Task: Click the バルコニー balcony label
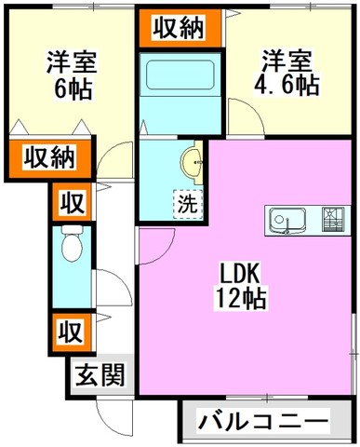[263, 422]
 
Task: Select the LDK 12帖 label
[240, 287]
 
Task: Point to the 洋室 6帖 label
[72, 74]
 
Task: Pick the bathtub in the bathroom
[180, 74]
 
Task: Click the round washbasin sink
[192, 162]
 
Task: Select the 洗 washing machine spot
[188, 204]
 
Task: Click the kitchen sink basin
[287, 221]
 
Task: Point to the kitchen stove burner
[333, 220]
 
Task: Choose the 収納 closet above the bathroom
[179, 28]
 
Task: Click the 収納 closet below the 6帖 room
[49, 159]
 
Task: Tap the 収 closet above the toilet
[72, 202]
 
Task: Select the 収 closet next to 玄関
[72, 332]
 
